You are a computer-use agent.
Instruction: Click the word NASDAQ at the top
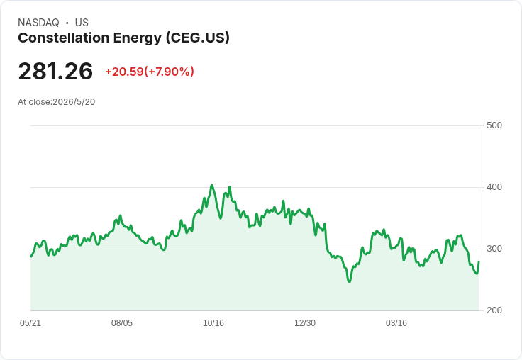point(38,23)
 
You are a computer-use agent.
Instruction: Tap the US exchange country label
point(82,23)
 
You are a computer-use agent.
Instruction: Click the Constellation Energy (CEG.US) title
point(124,38)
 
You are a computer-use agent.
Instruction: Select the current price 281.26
point(55,71)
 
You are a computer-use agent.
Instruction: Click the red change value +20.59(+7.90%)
point(150,72)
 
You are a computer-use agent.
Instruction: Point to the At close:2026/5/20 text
point(57,102)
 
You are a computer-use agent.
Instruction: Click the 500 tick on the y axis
point(494,125)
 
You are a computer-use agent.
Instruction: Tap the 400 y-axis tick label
point(494,187)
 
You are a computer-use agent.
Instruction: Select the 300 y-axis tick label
point(494,249)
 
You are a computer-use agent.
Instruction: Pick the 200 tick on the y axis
point(494,310)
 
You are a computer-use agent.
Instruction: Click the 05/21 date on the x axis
point(30,323)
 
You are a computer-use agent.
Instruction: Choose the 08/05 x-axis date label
point(122,323)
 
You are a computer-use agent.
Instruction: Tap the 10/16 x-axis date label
point(213,323)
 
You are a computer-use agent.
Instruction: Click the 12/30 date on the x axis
point(305,323)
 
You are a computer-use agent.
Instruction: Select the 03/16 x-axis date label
point(396,323)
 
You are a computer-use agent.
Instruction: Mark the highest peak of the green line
point(212,186)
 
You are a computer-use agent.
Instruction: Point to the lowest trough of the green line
point(349,282)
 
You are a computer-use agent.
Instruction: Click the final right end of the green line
point(479,261)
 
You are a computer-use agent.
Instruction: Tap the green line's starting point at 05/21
point(31,257)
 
